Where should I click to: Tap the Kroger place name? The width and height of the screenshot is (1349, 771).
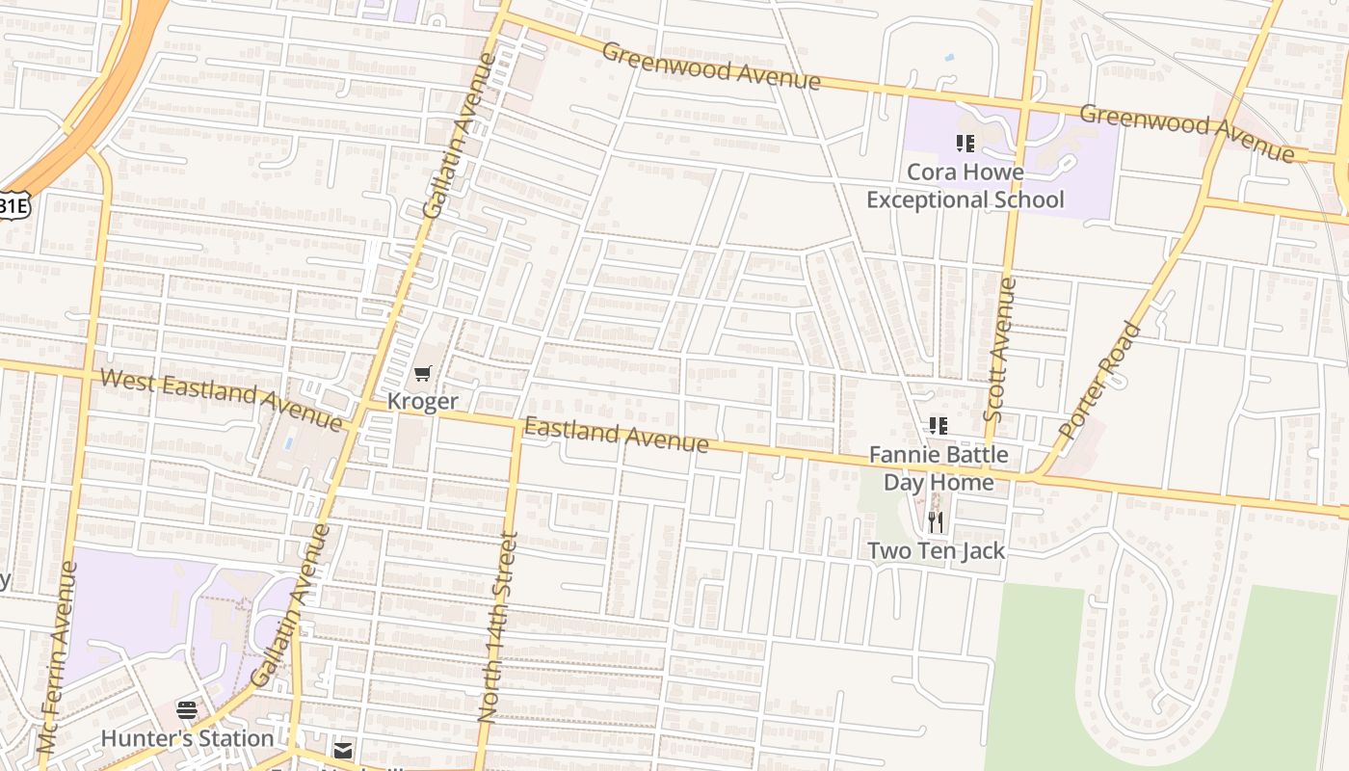coord(422,401)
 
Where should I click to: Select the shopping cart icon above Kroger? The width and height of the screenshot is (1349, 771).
coord(422,374)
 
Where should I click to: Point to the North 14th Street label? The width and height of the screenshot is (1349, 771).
coord(498,626)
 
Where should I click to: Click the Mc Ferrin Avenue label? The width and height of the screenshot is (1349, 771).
coord(58,657)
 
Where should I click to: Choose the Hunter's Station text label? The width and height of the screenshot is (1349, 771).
coord(187,738)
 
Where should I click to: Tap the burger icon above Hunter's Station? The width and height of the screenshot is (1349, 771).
coord(187,711)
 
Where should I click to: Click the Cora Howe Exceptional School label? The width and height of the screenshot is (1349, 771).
coord(965,186)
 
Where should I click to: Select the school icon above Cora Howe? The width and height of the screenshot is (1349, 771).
coord(965,144)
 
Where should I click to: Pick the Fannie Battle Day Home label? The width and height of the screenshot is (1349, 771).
coord(939,468)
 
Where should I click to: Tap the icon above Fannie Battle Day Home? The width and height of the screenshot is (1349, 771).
coord(939,425)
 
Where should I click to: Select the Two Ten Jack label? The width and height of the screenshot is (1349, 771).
coord(936,551)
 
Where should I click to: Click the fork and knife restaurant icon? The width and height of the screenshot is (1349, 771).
coord(936,522)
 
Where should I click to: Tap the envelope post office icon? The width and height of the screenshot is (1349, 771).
coord(343,750)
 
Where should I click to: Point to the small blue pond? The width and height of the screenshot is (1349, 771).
coord(950,58)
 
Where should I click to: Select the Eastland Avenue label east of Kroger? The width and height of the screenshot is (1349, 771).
coord(616,435)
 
